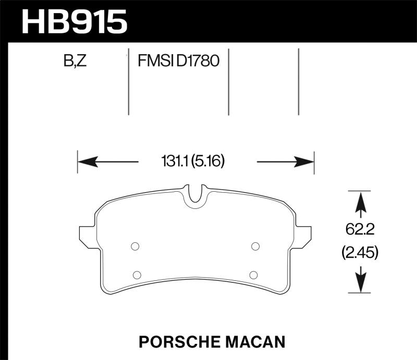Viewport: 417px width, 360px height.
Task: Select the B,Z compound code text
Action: coord(75,62)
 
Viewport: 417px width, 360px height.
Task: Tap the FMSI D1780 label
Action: coord(178,62)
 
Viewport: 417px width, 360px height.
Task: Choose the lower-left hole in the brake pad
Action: coord(137,275)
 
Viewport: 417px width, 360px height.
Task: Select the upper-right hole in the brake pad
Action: coord(255,246)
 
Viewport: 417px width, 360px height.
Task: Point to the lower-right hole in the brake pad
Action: coord(253,275)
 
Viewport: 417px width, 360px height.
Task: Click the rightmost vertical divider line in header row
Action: coord(299,82)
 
